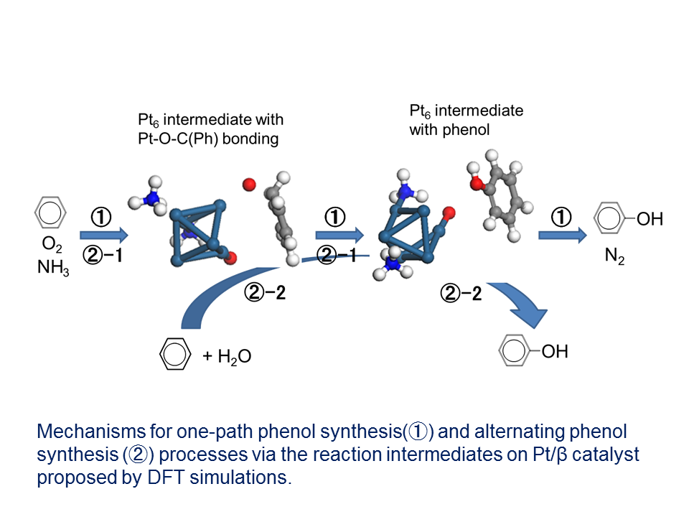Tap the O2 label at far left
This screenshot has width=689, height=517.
coord(51,246)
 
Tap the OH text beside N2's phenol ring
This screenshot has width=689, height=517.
coord(650,218)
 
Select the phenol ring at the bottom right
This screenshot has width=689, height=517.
coord(515,352)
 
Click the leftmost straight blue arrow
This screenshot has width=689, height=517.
coord(103,234)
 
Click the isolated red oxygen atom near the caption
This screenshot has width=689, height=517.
coord(248,185)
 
